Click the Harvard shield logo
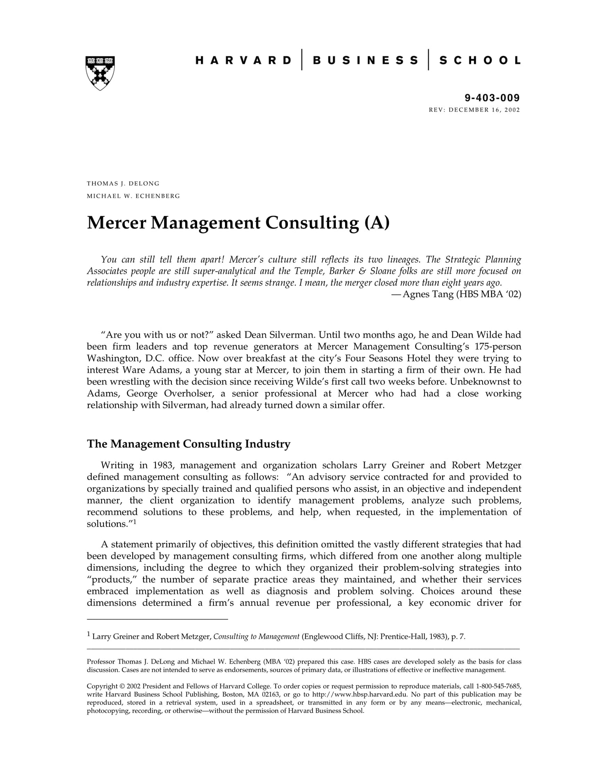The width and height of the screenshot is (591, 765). pyautogui.click(x=100, y=73)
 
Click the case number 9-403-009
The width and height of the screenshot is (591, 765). pyautogui.click(x=492, y=98)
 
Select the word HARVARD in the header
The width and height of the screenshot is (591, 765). pyautogui.click(x=244, y=61)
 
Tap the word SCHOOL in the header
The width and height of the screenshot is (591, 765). pyautogui.click(x=480, y=61)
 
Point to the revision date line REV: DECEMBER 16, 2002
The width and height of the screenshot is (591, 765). pyautogui.click(x=474, y=110)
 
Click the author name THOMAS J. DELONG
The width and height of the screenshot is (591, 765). pyautogui.click(x=123, y=184)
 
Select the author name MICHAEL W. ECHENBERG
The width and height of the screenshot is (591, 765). pyautogui.click(x=133, y=196)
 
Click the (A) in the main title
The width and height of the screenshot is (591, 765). pyautogui.click(x=376, y=223)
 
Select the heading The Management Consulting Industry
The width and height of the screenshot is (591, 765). pyautogui.click(x=189, y=444)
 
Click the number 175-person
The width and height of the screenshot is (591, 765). pyautogui.click(x=498, y=346)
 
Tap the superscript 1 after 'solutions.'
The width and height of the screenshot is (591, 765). pyautogui.click(x=134, y=522)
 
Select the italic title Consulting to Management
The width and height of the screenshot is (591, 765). pyautogui.click(x=256, y=637)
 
